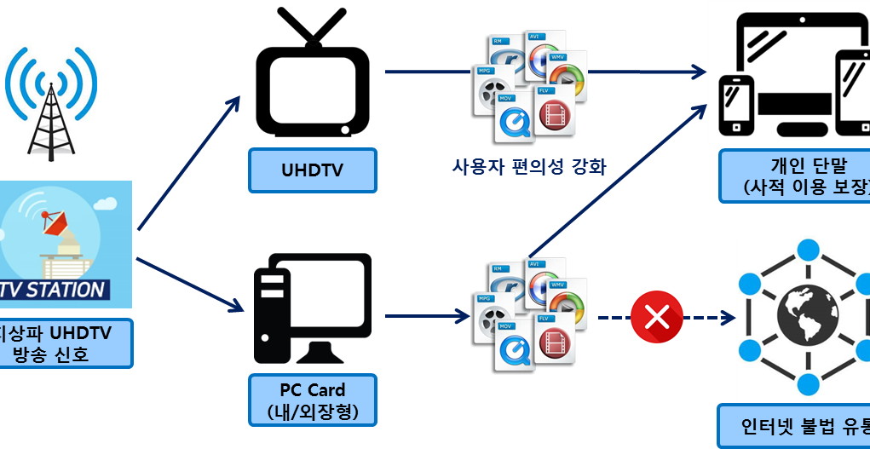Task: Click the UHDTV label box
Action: pyautogui.click(x=312, y=170)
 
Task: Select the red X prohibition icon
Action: pyautogui.click(x=657, y=317)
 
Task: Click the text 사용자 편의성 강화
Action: pyautogui.click(x=529, y=165)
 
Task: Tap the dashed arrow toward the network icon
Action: pyautogui.click(x=707, y=318)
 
